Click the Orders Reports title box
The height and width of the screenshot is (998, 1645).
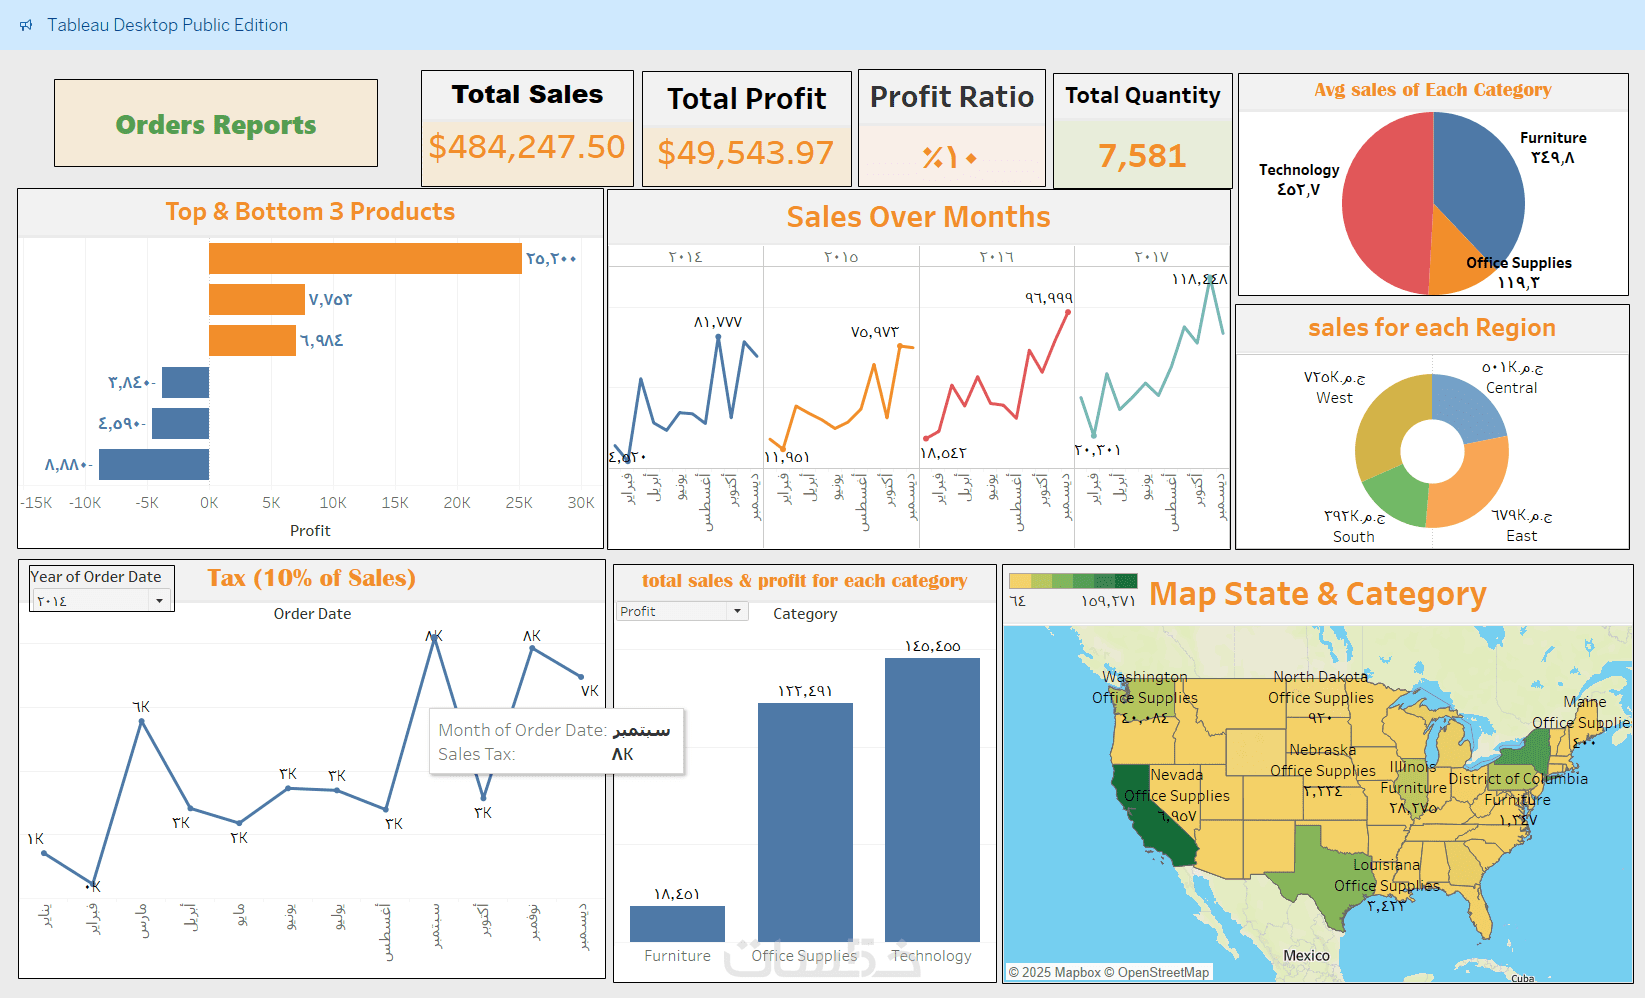[216, 124]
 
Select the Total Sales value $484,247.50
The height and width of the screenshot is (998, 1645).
[527, 147]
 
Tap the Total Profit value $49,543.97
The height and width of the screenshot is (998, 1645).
[745, 153]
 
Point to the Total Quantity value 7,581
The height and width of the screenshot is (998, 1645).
[1142, 156]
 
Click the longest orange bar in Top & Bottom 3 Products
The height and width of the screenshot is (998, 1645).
[365, 258]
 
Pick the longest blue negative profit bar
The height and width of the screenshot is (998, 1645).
[154, 464]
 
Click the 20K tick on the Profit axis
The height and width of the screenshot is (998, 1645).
[457, 503]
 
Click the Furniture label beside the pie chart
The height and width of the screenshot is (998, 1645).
[1553, 138]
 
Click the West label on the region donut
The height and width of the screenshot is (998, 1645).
[1334, 398]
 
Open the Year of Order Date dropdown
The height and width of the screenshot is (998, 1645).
[100, 601]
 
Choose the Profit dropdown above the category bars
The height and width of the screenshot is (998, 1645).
[682, 611]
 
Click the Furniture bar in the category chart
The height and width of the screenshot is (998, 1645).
[677, 923]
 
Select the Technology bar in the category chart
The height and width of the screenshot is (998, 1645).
[932, 800]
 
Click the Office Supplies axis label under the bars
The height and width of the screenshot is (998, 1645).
[804, 956]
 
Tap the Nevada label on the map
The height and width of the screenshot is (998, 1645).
[1176, 775]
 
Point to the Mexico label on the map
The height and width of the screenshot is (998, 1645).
[1306, 955]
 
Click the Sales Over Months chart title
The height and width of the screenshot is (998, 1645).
[918, 217]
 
